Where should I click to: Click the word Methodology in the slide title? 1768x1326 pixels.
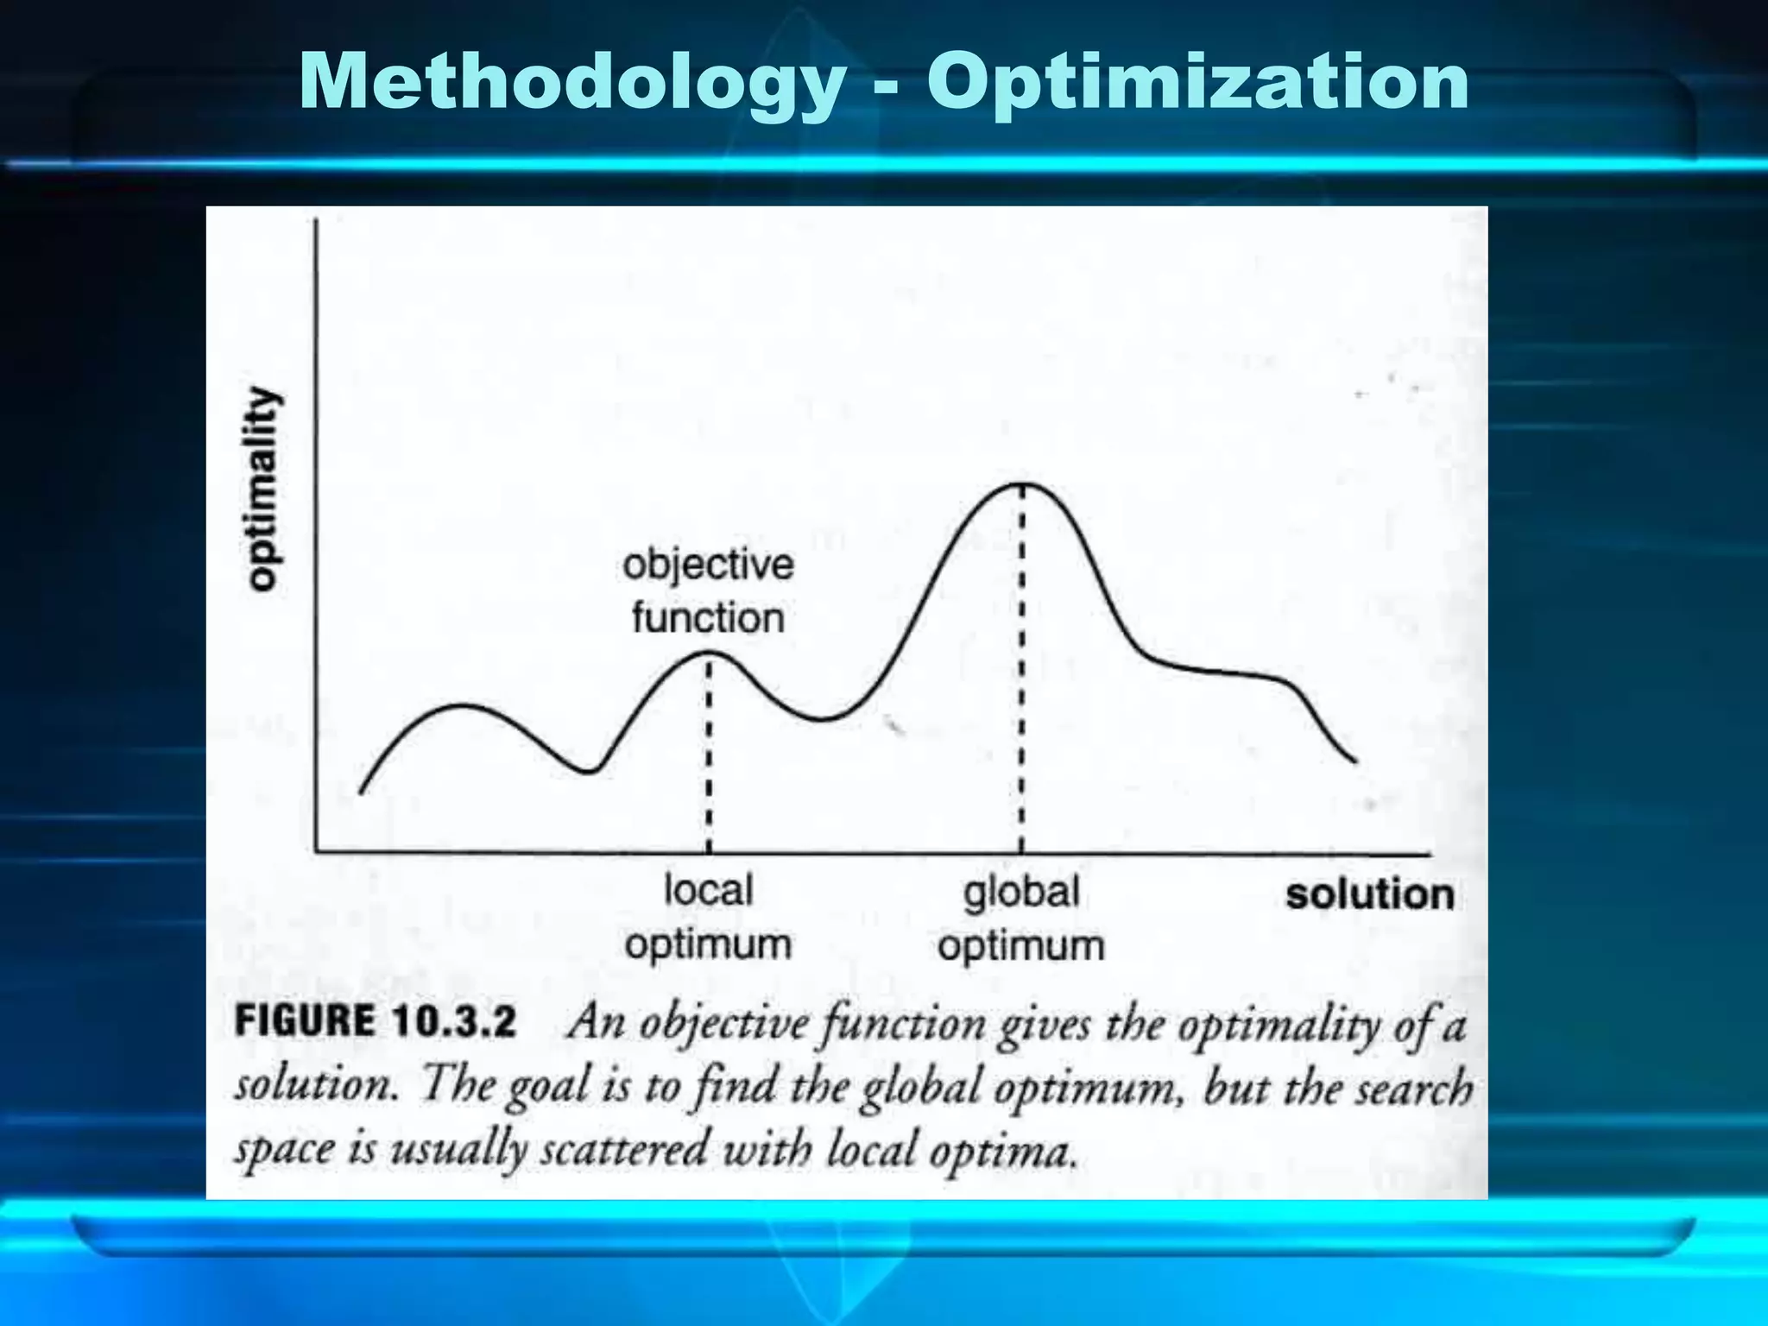click(x=572, y=83)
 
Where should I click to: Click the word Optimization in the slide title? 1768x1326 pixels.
click(x=1197, y=83)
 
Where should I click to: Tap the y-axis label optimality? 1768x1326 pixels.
click(x=263, y=489)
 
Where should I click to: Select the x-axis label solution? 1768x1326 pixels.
click(x=1369, y=894)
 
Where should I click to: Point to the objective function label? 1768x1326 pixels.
click(x=708, y=591)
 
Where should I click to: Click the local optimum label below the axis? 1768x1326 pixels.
click(x=708, y=917)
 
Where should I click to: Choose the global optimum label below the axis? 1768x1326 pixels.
click(x=1021, y=919)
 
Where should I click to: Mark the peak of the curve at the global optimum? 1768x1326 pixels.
click(x=1022, y=484)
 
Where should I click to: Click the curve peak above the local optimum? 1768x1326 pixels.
click(x=709, y=654)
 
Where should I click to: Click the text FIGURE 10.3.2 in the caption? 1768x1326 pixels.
click(x=376, y=1022)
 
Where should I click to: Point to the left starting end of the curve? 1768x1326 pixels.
click(x=361, y=791)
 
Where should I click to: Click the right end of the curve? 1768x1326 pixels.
click(x=1355, y=761)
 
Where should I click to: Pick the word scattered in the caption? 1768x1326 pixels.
click(x=623, y=1150)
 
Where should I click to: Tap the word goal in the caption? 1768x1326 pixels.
click(x=547, y=1086)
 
